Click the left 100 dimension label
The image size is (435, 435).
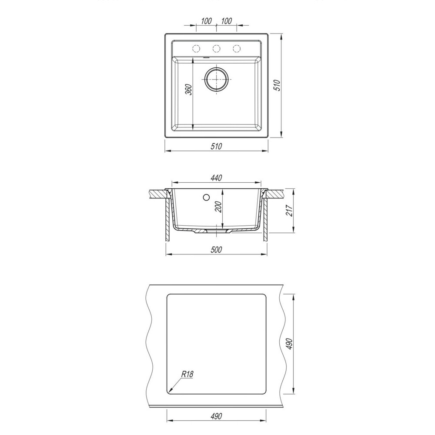click(x=206, y=21)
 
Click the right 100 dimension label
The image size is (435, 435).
click(x=227, y=21)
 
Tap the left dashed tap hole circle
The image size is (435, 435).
click(x=196, y=49)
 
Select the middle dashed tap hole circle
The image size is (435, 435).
click(x=216, y=49)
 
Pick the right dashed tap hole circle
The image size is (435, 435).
click(x=237, y=49)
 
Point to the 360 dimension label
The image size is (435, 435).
click(x=189, y=89)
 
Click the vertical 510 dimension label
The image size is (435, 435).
click(x=277, y=85)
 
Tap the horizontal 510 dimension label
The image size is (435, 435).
click(x=216, y=146)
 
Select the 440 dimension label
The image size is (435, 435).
click(x=216, y=177)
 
